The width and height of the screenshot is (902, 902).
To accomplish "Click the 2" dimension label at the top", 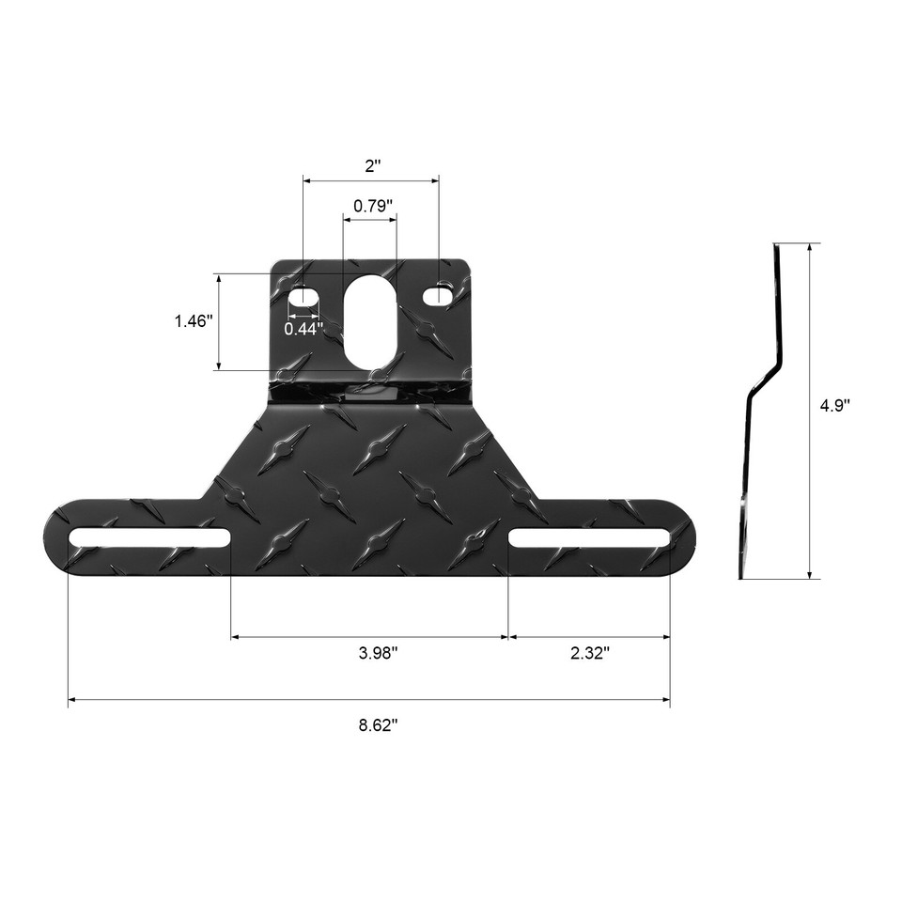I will point(373,166).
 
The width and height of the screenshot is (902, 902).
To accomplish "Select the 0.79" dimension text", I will point(372,206).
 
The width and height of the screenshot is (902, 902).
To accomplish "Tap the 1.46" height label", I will point(193,321).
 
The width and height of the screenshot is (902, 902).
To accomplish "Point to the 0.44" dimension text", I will point(303,329).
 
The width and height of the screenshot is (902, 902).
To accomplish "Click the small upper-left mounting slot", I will point(303,297).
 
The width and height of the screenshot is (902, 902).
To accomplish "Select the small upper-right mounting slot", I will point(437,297).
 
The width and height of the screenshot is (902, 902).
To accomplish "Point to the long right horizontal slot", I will point(590,538).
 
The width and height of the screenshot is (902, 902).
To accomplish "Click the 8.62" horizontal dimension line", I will point(282,700).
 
